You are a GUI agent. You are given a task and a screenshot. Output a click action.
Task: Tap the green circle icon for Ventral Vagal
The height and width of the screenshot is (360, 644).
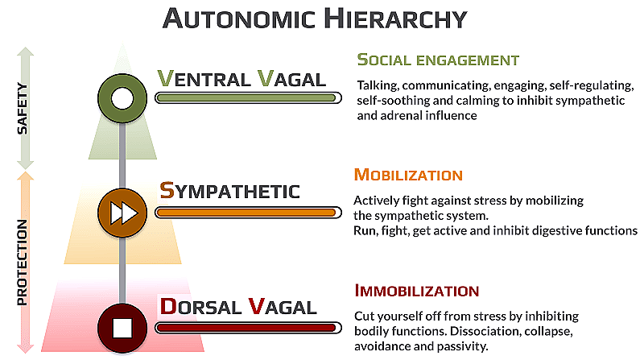point(122,98)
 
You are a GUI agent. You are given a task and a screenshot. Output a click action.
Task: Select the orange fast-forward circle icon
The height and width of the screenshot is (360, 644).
point(122,213)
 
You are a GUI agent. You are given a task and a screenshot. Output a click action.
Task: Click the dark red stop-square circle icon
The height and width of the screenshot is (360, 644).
point(122,329)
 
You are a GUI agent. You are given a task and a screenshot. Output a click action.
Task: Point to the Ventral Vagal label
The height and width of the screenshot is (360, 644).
point(241,79)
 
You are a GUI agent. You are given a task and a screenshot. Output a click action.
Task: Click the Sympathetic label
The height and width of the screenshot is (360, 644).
point(229,191)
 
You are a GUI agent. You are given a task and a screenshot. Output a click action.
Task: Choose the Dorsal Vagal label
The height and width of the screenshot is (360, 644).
point(237,306)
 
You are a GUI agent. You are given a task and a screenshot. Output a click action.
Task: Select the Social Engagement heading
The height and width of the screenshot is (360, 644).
point(438,60)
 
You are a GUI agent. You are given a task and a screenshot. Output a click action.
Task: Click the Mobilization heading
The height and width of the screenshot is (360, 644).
point(408,175)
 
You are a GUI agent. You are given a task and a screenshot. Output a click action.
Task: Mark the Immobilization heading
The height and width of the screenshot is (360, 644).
point(416,291)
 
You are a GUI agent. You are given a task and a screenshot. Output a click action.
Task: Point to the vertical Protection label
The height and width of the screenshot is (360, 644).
point(23,262)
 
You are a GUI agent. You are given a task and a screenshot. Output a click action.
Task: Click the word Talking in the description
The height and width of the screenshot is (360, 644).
point(378,84)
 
